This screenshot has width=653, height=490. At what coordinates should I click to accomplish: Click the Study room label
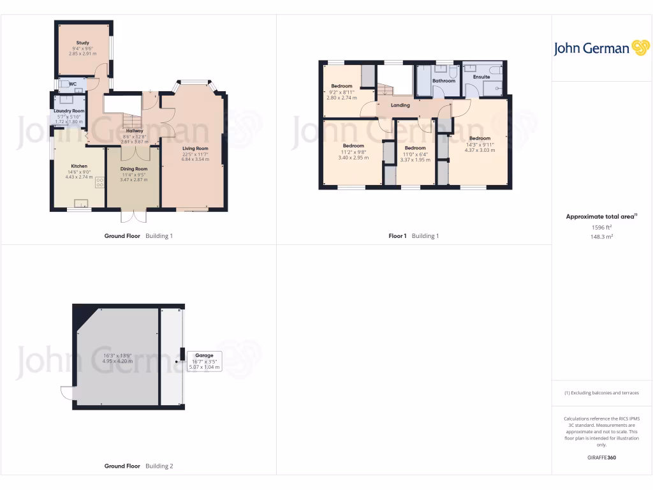click(x=82, y=43)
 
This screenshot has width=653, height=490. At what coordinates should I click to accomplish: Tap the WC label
click(x=73, y=84)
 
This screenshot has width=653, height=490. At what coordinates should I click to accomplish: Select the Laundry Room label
click(x=69, y=111)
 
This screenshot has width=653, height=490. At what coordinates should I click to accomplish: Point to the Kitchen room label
click(x=78, y=166)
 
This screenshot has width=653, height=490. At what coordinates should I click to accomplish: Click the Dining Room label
click(x=133, y=169)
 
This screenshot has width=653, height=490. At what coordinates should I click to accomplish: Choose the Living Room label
click(x=195, y=149)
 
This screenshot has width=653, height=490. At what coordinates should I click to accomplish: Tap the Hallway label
click(x=134, y=131)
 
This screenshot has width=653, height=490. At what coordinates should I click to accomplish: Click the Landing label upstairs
click(x=400, y=105)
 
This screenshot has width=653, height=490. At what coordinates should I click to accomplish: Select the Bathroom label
click(x=444, y=81)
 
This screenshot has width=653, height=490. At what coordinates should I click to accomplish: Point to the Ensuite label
click(x=481, y=77)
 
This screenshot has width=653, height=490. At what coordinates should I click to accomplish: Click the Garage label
click(x=204, y=355)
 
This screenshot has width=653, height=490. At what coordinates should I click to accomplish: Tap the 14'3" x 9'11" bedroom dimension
click(x=480, y=144)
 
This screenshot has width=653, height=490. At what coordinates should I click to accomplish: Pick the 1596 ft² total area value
click(x=602, y=227)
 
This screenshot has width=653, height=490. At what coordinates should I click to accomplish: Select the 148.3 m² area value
click(x=602, y=237)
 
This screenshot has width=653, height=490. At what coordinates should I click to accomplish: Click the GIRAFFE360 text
click(x=602, y=457)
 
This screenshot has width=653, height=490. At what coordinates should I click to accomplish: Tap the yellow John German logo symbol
click(x=640, y=48)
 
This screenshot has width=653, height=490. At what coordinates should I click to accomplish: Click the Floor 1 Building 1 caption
click(x=415, y=236)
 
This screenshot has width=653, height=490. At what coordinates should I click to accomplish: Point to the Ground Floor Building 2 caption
click(x=138, y=466)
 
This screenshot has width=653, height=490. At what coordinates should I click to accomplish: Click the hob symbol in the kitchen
click(x=99, y=182)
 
